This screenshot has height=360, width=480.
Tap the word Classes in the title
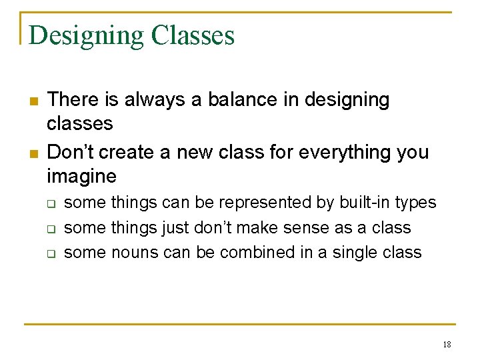coord(193,35)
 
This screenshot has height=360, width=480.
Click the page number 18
coord(447,345)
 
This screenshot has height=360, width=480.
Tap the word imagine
coord(81,177)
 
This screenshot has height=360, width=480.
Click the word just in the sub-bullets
coord(175,228)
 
